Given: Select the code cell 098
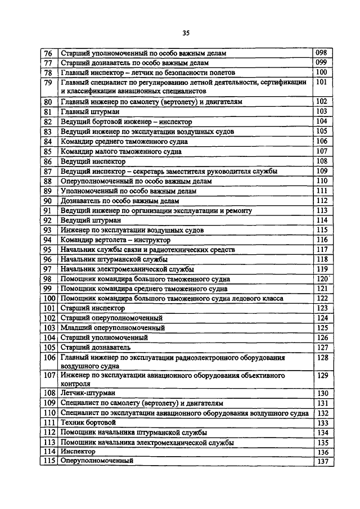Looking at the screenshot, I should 321,53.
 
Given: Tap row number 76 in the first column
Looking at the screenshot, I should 48,53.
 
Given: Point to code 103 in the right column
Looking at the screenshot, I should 321,111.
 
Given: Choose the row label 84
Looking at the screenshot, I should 48,142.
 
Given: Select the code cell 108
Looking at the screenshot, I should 321,161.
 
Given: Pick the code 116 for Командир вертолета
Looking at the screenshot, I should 322,240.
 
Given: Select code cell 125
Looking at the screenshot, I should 322,328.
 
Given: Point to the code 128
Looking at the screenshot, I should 322,358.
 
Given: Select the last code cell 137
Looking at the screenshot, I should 322,461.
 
